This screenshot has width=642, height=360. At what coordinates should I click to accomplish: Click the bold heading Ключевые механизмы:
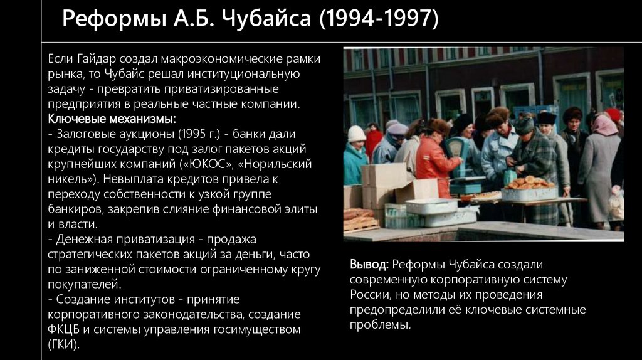click(112, 119)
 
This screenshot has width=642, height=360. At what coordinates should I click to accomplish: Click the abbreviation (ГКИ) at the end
click(63, 344)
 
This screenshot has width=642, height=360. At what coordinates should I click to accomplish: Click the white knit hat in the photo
click(357, 134)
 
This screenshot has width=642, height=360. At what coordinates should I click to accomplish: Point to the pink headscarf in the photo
click(604, 125)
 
